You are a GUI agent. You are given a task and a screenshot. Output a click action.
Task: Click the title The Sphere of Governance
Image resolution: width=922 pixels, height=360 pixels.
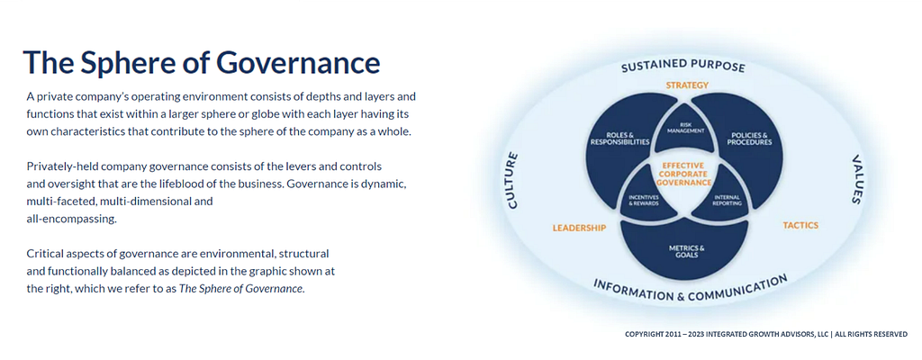(201, 62)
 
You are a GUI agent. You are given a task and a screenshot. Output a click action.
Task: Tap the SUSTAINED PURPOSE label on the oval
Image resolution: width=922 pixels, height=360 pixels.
(682, 67)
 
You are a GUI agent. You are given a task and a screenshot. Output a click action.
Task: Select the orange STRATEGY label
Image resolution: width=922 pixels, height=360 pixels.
(687, 85)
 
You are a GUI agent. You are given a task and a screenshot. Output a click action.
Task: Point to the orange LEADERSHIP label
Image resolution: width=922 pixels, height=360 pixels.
(579, 229)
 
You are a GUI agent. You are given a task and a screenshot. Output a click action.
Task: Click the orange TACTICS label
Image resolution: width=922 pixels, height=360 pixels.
(800, 225)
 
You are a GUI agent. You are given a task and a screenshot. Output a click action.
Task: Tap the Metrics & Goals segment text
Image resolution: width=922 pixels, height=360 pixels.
(686, 251)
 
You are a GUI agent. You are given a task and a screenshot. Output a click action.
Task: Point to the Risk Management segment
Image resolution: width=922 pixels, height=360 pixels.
(685, 128)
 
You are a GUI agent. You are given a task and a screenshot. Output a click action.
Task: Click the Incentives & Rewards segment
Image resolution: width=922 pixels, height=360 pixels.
(644, 201)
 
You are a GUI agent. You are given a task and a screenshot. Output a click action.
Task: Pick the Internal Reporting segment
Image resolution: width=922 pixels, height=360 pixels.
(727, 201)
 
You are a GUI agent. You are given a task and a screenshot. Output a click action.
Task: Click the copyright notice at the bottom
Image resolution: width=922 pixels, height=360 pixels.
(766, 335)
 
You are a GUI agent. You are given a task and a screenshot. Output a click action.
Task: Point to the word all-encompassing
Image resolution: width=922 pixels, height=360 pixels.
(72, 219)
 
